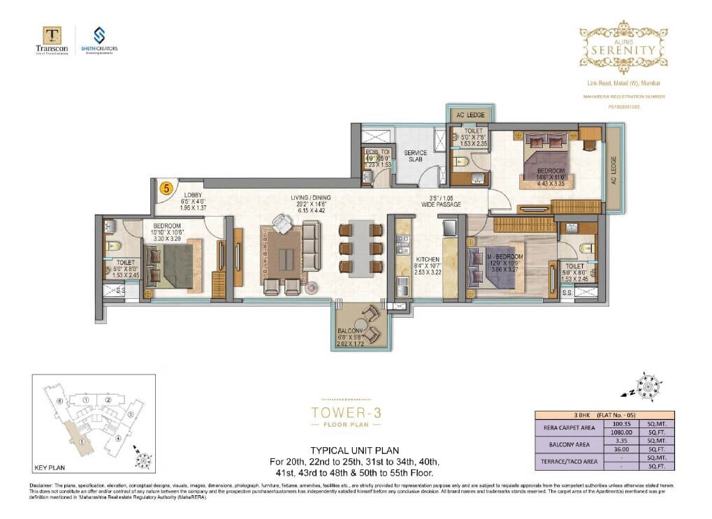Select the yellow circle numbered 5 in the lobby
coord(166,187)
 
